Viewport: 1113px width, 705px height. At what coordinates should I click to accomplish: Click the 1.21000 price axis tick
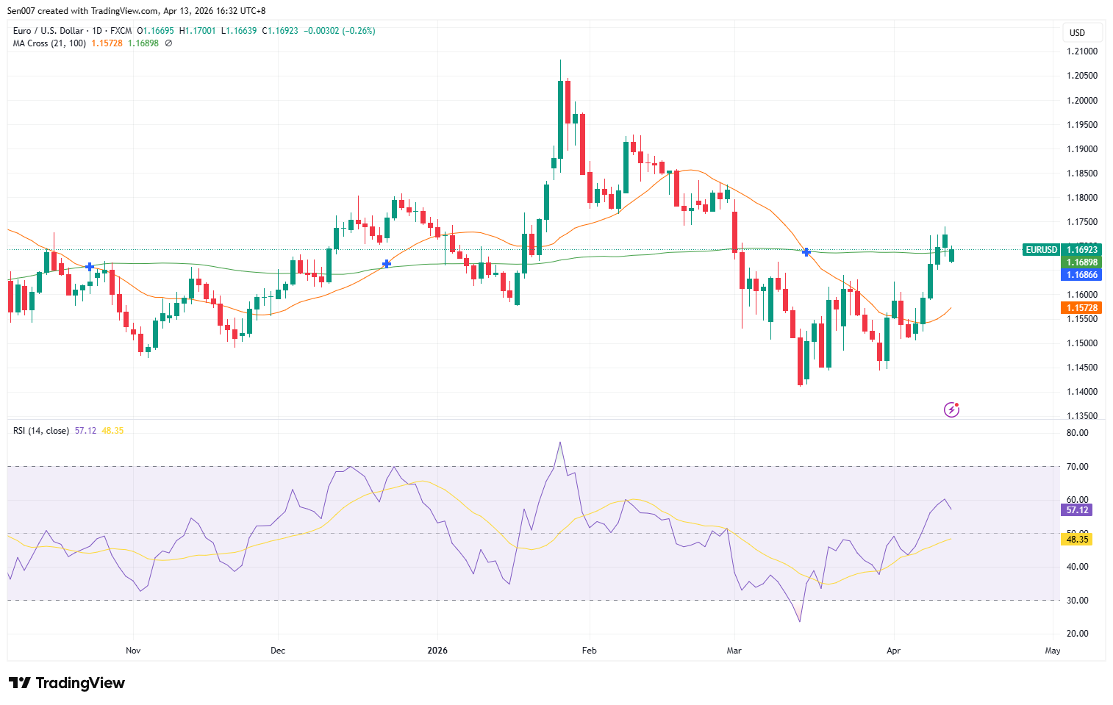pyautogui.click(x=1081, y=51)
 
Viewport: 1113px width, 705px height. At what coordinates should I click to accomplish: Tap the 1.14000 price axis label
pyautogui.click(x=1081, y=392)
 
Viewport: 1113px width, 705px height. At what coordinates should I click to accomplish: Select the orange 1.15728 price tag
pyautogui.click(x=1081, y=308)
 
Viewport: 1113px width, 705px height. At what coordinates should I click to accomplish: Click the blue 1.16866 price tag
pyautogui.click(x=1081, y=275)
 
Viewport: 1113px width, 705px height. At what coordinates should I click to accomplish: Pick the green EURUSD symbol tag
pyautogui.click(x=1041, y=250)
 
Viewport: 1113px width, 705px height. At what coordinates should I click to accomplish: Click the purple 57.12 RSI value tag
pyautogui.click(x=1077, y=510)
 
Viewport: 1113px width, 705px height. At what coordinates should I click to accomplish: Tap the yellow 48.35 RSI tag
pyautogui.click(x=1077, y=540)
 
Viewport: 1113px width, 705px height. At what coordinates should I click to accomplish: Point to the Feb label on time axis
pyautogui.click(x=589, y=651)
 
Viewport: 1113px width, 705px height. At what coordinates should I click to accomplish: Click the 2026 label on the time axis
pyautogui.click(x=437, y=651)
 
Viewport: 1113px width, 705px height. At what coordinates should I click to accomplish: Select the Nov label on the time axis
pyautogui.click(x=133, y=651)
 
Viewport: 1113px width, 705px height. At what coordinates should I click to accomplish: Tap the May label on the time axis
pyautogui.click(x=1053, y=651)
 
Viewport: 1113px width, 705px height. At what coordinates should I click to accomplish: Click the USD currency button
pyautogui.click(x=1078, y=33)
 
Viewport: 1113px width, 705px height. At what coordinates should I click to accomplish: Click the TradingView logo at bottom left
pyautogui.click(x=68, y=683)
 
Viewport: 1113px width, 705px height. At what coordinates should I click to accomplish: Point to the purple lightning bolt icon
pyautogui.click(x=951, y=409)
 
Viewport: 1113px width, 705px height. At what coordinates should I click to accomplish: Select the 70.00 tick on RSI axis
pyautogui.click(x=1077, y=467)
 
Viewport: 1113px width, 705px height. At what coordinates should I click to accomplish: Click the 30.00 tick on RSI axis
pyautogui.click(x=1077, y=601)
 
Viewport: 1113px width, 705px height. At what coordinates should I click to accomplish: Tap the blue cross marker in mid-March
pyautogui.click(x=806, y=252)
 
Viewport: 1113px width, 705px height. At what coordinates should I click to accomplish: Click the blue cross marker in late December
pyautogui.click(x=387, y=264)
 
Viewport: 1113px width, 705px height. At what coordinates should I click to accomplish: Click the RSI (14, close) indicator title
pyautogui.click(x=41, y=431)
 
